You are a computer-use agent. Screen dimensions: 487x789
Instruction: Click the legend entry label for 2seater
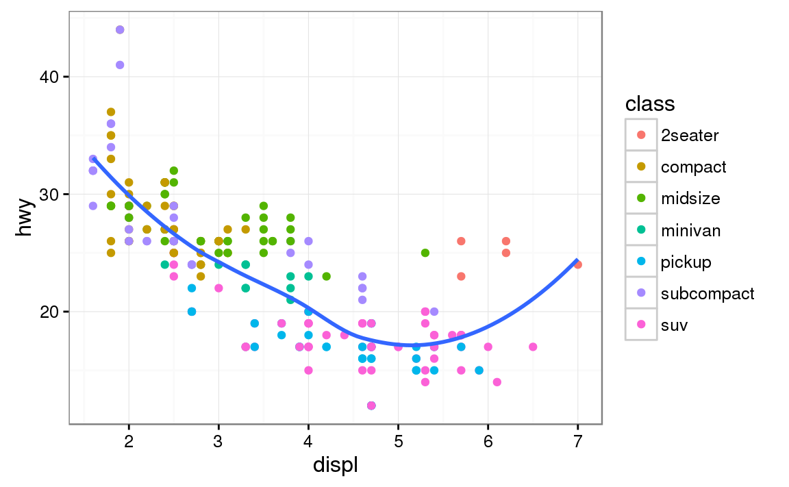690,135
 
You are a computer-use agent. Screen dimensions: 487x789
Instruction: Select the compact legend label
693,166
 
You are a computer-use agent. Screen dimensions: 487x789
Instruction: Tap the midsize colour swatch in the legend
641,198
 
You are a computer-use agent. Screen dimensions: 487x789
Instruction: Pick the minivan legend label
690,230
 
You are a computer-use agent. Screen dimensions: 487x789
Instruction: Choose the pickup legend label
686,262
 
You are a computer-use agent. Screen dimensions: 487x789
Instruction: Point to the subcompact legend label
707,293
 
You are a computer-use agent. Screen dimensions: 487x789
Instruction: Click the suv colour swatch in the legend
641,325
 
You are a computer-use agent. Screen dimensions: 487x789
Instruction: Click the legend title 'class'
650,104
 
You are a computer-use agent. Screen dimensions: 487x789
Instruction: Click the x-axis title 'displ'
336,465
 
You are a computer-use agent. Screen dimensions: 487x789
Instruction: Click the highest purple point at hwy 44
120,29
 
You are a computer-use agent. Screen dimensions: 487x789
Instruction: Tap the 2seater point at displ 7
578,264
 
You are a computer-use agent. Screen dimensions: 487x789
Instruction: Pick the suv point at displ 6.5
533,347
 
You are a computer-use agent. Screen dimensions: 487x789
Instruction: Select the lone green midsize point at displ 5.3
425,253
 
